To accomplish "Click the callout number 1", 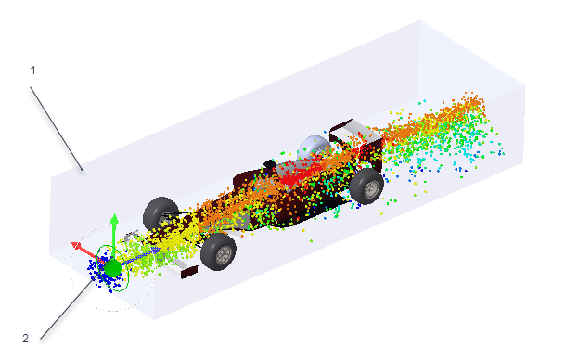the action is click(x=32, y=71).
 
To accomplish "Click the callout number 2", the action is click(x=25, y=339).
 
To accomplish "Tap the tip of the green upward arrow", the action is click(x=114, y=214).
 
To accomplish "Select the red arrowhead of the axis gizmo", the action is click(x=76, y=246).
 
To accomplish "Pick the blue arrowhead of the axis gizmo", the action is click(x=156, y=250).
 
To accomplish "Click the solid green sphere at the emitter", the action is click(x=113, y=269).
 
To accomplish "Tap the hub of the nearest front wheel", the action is click(x=225, y=255).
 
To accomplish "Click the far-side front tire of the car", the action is click(x=160, y=214).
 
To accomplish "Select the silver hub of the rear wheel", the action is click(x=372, y=188).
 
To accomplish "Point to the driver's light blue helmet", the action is click(x=313, y=147).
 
